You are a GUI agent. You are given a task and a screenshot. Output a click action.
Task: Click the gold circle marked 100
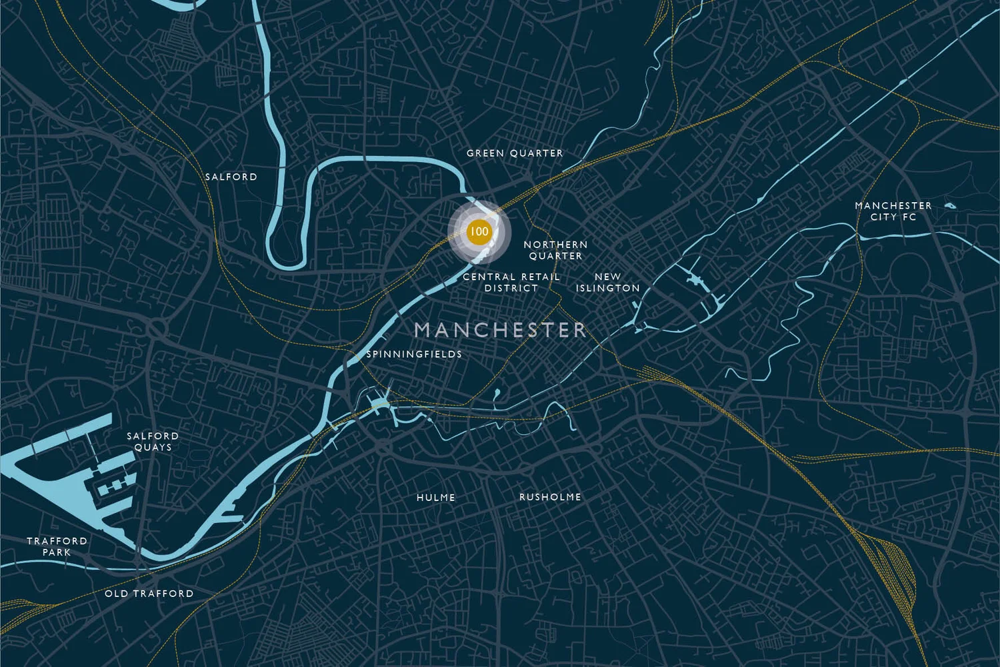coord(479,231)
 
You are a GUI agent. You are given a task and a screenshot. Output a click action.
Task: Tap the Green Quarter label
coord(515,153)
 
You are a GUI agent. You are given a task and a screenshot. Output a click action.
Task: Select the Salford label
coord(231,177)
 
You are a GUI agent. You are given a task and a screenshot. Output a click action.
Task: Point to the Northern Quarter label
coord(555,250)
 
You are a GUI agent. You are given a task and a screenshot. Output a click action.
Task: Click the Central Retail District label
coord(511,282)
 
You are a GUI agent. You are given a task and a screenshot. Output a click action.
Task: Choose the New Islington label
coord(607,282)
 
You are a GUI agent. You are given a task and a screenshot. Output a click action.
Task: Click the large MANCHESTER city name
coord(500,329)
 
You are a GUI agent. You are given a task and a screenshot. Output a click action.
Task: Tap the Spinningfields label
coord(414,354)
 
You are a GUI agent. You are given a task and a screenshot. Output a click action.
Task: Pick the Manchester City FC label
coord(893,211)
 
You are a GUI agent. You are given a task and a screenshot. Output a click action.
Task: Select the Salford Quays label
coord(153,442)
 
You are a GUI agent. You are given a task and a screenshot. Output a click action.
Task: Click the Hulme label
coord(436,498)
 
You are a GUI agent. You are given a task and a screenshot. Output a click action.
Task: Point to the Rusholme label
coord(550,497)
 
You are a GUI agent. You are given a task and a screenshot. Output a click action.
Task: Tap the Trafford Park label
coord(57,546)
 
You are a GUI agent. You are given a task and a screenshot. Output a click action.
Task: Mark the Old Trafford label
coord(149,594)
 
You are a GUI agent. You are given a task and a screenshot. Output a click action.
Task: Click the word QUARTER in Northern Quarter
coord(555,256)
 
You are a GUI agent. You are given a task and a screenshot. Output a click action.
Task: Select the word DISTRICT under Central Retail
coord(511,288)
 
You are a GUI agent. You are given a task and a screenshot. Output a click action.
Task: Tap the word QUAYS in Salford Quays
coord(153,448)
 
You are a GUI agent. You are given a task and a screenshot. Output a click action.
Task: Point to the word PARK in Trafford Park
coord(57,552)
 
